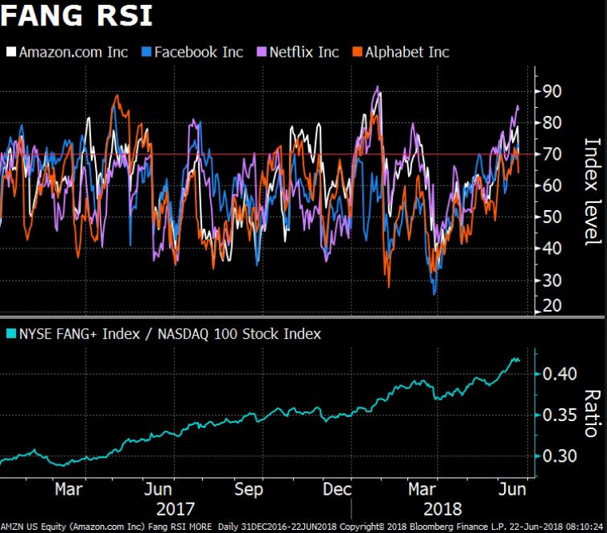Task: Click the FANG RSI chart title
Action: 77,16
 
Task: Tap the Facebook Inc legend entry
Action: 198,52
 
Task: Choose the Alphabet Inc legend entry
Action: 407,52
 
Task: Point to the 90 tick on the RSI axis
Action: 552,91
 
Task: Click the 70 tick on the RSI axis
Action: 552,154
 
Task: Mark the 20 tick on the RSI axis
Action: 552,306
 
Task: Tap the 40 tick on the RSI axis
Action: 552,249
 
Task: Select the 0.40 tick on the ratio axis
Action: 557,373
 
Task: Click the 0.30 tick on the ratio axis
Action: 557,455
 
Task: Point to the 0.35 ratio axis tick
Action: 557,415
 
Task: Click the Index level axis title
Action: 592,192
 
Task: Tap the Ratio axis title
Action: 592,413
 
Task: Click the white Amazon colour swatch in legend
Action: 11,53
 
